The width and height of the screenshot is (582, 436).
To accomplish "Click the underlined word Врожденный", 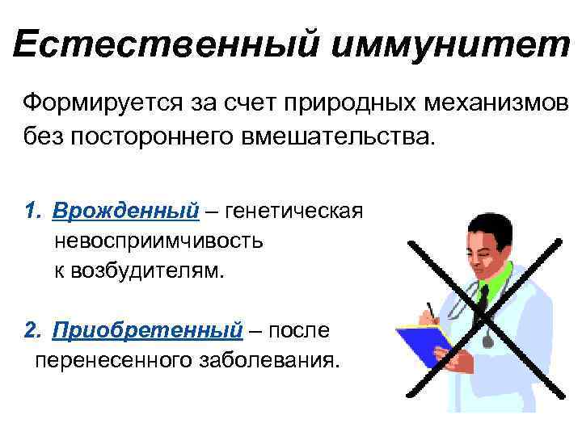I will click(126, 212).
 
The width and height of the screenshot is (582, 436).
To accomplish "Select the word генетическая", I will click(296, 212).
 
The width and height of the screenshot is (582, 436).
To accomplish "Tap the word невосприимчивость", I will click(158, 241).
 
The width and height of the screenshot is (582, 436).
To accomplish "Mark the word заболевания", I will click(266, 358).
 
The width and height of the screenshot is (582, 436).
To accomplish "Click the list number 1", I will click(32, 212).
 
